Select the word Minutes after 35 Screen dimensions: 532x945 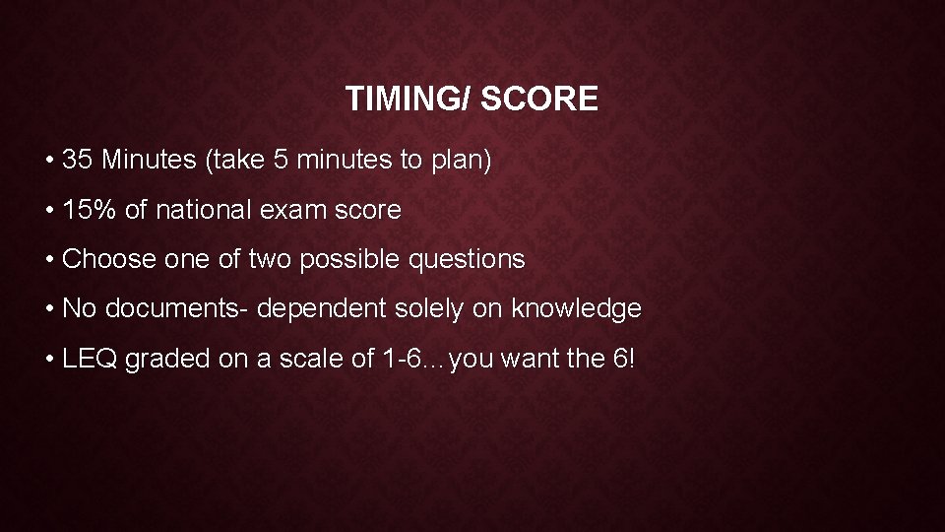(x=149, y=160)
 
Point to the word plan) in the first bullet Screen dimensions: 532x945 (x=461, y=160)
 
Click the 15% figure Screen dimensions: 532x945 (x=83, y=210)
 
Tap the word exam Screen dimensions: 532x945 (x=294, y=210)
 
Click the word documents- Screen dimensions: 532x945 (x=177, y=309)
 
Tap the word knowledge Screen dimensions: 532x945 (x=576, y=309)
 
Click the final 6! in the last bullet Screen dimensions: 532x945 (x=624, y=359)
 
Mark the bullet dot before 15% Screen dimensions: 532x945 (x=49, y=210)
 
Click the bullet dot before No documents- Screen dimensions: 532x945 (x=49, y=309)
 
